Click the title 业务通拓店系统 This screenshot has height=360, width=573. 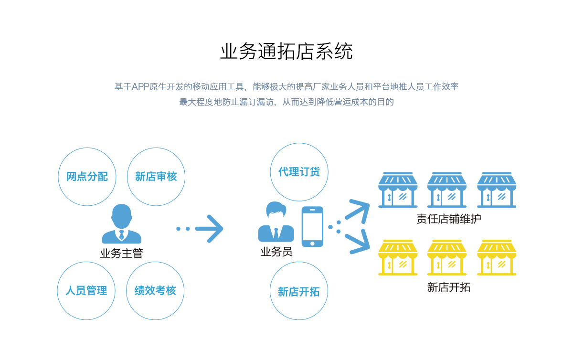click(x=286, y=52)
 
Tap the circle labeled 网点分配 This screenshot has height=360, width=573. click(x=87, y=177)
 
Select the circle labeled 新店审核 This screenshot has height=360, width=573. click(x=156, y=177)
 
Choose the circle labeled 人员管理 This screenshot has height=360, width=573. click(x=86, y=290)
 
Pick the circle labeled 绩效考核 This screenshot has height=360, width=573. click(x=155, y=290)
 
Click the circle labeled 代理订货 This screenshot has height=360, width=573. click(x=299, y=172)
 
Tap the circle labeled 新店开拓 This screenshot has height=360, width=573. click(x=299, y=291)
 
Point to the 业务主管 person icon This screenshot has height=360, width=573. click(x=121, y=224)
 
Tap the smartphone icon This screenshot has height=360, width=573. click(x=312, y=226)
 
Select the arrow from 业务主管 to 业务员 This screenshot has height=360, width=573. click(x=209, y=229)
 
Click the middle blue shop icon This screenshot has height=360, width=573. click(x=447, y=190)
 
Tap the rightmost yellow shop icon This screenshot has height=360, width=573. click(x=497, y=258)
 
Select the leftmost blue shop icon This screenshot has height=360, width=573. click(x=398, y=190)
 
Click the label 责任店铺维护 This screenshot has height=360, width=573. click(x=448, y=219)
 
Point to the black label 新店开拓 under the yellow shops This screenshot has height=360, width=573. click(x=448, y=287)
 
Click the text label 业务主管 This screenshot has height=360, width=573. click(x=121, y=253)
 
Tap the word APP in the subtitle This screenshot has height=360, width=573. click(x=140, y=87)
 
